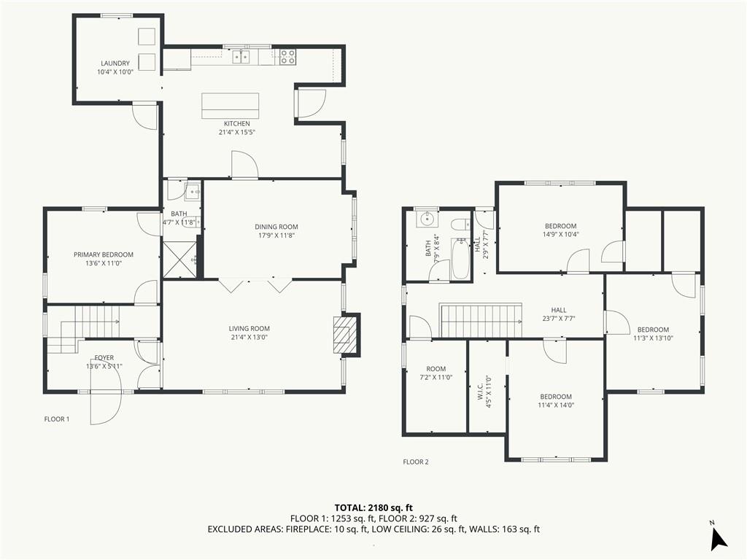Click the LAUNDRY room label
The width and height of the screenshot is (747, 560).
click(115, 63)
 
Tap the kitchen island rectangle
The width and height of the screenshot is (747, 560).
click(230, 105)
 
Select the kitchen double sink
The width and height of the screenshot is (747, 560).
click(241, 57)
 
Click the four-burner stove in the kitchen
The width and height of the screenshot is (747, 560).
click(287, 57)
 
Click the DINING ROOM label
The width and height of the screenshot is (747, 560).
click(276, 227)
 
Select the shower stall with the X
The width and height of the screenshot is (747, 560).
click(179, 259)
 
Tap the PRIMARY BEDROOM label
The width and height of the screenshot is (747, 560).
click(104, 254)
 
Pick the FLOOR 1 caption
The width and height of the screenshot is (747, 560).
click(57, 419)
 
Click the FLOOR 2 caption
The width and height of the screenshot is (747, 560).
click(416, 462)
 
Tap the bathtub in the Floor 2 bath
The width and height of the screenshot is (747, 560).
click(460, 259)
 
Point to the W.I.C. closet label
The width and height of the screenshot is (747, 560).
click(481, 391)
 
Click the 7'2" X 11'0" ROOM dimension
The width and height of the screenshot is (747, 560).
click(436, 377)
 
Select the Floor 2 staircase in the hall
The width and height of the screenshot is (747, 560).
click(481, 321)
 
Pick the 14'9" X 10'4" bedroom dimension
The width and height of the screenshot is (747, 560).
click(561, 234)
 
